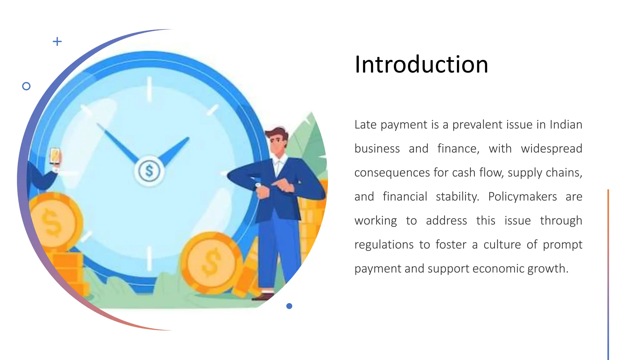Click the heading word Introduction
(x=421, y=64)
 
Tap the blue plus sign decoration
(x=57, y=41)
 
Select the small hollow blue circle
(x=27, y=86)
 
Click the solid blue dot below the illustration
(x=289, y=306)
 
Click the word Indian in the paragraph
(x=566, y=125)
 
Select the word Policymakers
(x=522, y=197)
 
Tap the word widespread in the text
(x=552, y=149)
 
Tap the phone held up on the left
(x=55, y=156)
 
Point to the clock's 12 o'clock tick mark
(x=149, y=89)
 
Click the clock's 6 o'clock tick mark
(x=149, y=258)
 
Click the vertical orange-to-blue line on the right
(x=608, y=275)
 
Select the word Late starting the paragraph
(x=365, y=125)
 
